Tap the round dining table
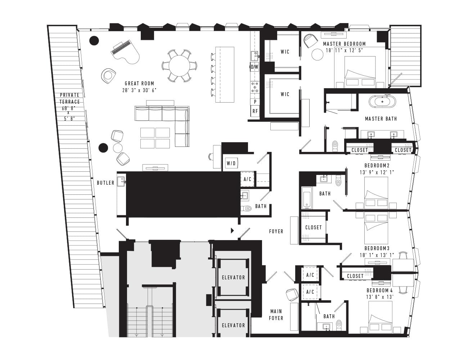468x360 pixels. coord(179,66)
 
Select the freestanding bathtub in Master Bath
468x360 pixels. coord(382,102)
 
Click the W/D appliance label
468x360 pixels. coord(231,163)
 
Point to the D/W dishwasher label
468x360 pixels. coord(255,67)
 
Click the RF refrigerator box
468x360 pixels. coord(255,111)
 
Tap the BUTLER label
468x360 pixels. coord(105,183)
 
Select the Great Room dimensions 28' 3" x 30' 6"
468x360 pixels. coord(139,90)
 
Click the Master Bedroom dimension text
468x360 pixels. coord(345,50)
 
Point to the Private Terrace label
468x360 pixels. coord(69,98)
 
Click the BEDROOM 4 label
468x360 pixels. coord(380,291)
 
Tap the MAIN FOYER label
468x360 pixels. coord(276,315)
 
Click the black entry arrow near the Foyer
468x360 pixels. coord(232,231)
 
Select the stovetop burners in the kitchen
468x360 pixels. coord(255,87)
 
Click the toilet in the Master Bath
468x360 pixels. coord(335,146)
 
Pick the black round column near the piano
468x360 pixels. coord(94,40)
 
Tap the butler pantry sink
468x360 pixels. coord(121,181)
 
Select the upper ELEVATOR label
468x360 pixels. coord(234,278)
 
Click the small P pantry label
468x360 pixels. coord(255,102)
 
